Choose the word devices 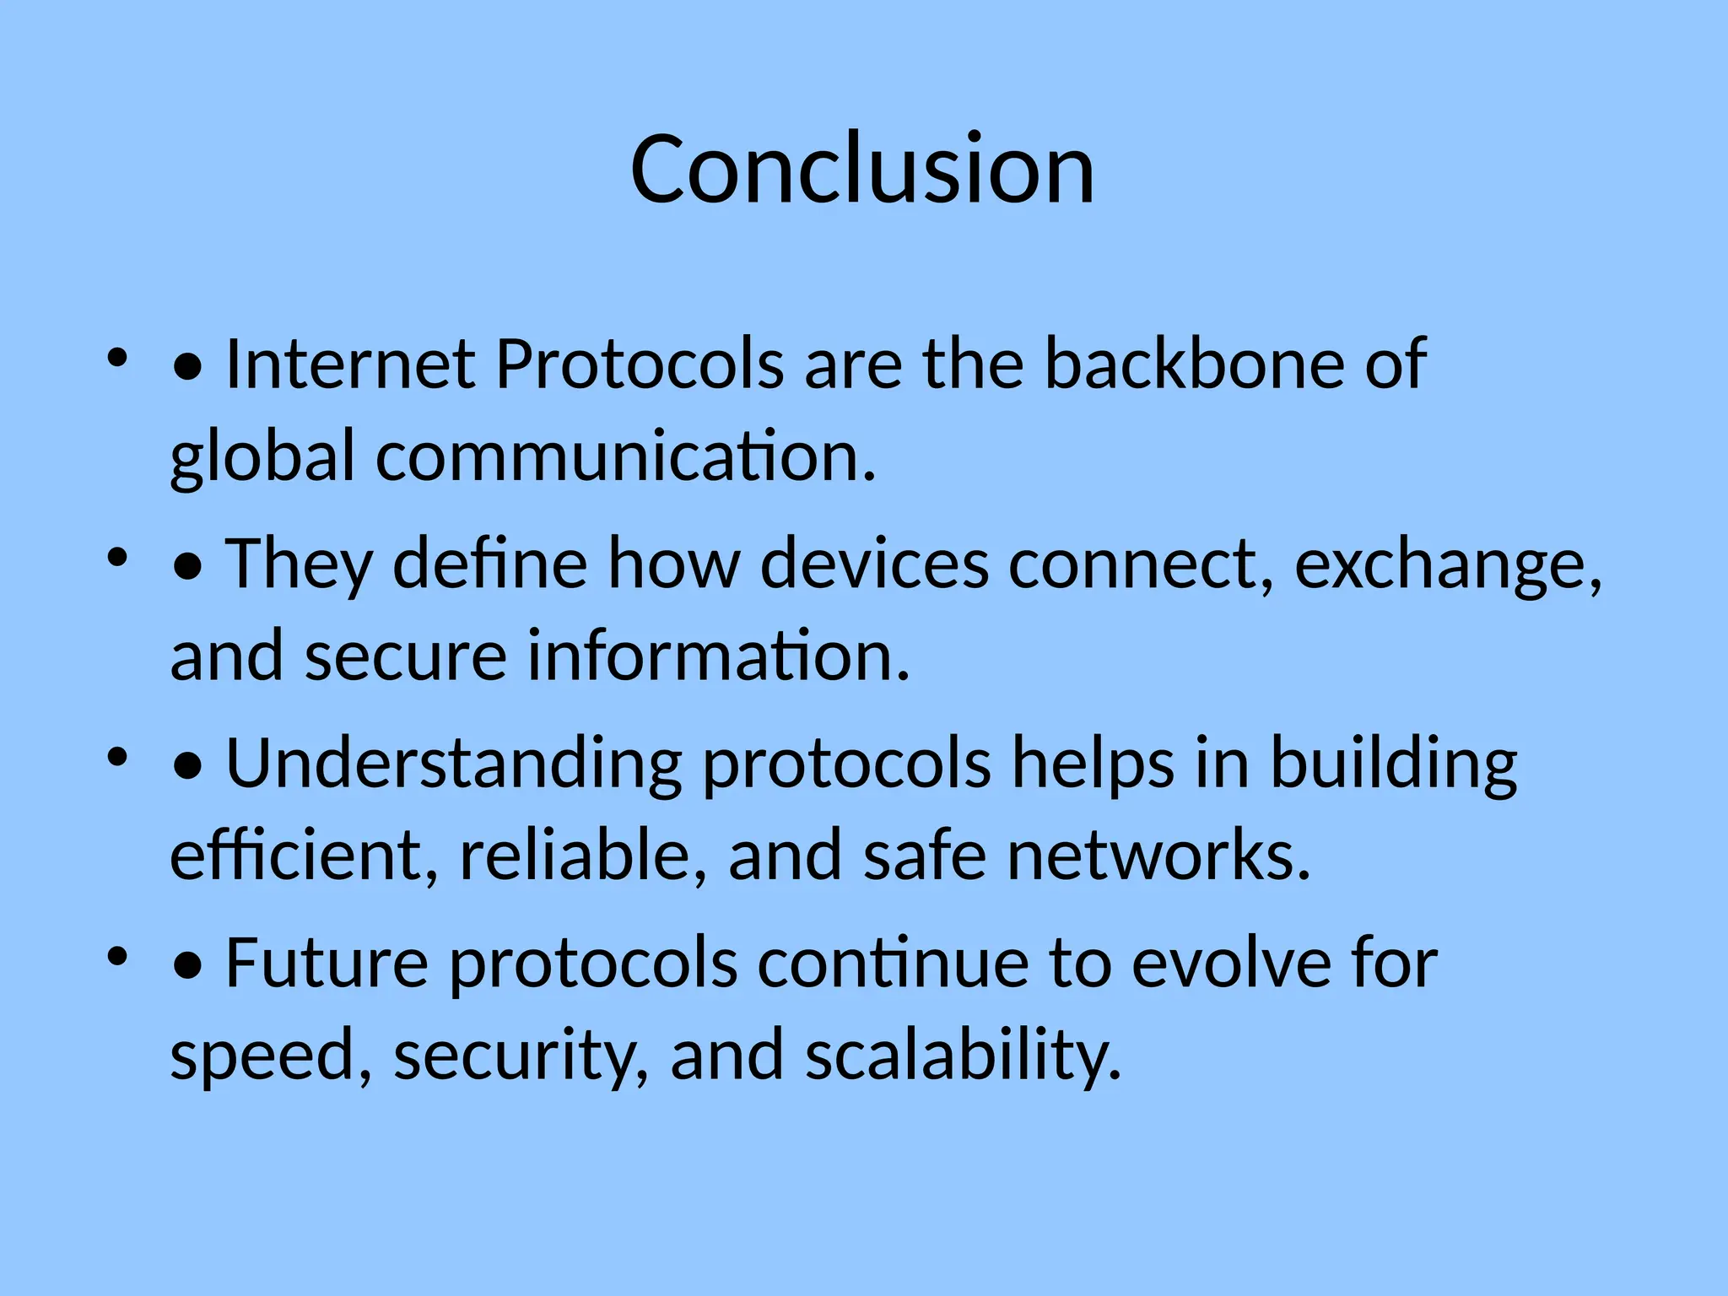tap(874, 564)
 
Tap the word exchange tap(1446, 564)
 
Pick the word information tap(718, 656)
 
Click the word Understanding tap(454, 764)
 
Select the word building tap(1393, 764)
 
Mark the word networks tap(1158, 856)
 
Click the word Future tap(327, 964)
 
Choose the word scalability tap(963, 1056)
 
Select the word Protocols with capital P tap(640, 364)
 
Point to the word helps tap(1093, 764)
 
